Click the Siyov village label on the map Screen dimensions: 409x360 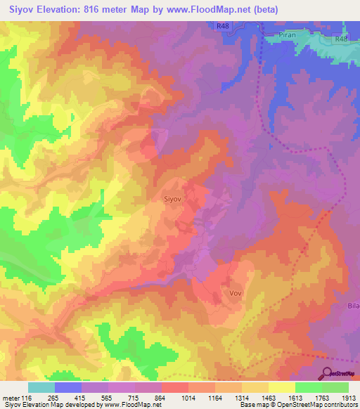tap(173, 200)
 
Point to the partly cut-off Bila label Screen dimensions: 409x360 tap(353, 307)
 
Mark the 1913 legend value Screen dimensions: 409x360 tap(349, 398)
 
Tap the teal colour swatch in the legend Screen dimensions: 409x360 tap(41, 387)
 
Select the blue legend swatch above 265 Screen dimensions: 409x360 tap(68, 387)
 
